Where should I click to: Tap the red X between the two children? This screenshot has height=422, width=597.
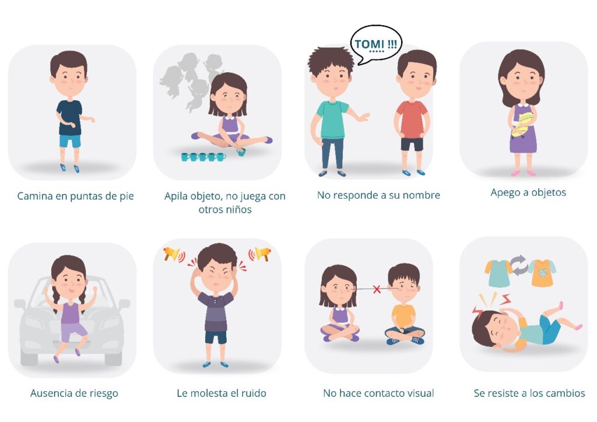[377, 290]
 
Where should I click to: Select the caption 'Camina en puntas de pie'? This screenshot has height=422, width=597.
[75, 196]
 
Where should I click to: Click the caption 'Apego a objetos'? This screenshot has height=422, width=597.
[528, 192]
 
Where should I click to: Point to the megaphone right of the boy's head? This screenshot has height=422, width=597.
[260, 254]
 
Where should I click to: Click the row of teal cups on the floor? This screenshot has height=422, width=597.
[203, 156]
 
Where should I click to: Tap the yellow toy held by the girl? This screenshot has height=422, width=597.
[522, 124]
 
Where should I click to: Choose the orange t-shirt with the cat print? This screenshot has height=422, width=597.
[542, 273]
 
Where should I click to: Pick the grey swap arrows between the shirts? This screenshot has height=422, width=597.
[518, 266]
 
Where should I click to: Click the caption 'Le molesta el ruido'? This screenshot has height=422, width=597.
[221, 393]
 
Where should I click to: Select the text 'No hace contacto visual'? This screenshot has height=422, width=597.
[378, 393]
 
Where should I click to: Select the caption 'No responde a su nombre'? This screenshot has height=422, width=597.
[378, 195]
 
